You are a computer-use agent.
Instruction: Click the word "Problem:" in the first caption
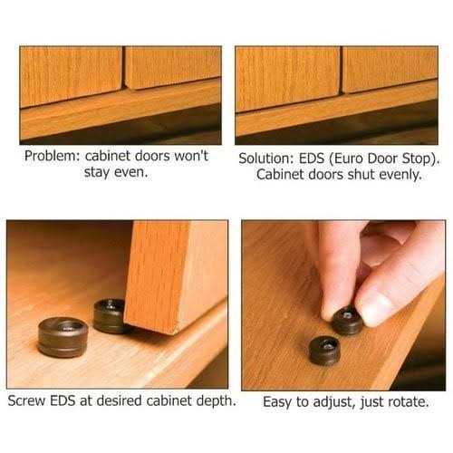click(x=53, y=157)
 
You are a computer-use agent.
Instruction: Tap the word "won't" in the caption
click(x=191, y=156)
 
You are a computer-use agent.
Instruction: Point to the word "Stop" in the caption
click(x=417, y=159)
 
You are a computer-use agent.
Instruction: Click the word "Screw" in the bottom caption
click(x=26, y=401)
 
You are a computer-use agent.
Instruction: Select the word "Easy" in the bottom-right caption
click(x=277, y=402)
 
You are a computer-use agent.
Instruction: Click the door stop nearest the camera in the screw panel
click(x=63, y=337)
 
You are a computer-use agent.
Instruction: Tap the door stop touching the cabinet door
click(x=110, y=316)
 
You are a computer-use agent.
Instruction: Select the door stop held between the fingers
click(x=348, y=320)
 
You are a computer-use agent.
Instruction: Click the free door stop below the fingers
click(x=324, y=351)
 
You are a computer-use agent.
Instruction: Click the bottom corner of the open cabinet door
click(x=175, y=334)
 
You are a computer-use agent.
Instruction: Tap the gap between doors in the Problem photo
click(x=123, y=68)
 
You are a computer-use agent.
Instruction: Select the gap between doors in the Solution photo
click(x=341, y=70)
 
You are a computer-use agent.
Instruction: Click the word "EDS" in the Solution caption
click(x=311, y=159)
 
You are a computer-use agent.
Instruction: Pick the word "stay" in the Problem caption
click(x=97, y=172)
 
